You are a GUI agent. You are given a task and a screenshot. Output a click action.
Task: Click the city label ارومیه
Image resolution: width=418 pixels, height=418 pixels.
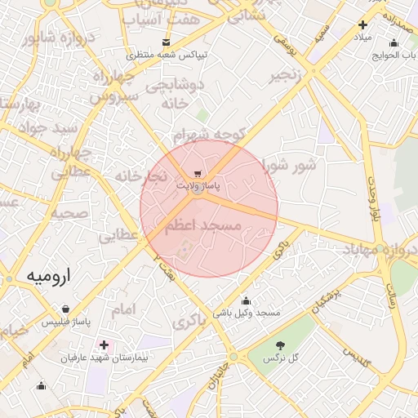point(49,276)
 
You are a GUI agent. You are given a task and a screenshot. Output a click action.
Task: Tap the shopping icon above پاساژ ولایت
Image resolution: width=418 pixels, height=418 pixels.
point(198,174)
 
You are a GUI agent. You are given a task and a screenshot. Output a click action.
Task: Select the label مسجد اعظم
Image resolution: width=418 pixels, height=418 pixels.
point(204,225)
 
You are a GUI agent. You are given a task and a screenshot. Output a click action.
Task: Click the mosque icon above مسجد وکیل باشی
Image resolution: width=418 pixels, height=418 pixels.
point(246,300)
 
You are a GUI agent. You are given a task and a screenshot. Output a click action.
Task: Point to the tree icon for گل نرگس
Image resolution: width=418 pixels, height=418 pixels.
point(282,345)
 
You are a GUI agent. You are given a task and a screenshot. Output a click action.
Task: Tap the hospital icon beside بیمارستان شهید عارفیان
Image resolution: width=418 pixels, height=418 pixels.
point(103,345)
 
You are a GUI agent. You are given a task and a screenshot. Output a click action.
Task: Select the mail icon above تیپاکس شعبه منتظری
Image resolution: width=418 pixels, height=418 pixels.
point(167,42)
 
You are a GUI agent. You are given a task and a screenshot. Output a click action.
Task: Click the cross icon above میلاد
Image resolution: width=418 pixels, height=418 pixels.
point(362,25)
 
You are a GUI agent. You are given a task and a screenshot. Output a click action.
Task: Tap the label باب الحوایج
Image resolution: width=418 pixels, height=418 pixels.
point(383,55)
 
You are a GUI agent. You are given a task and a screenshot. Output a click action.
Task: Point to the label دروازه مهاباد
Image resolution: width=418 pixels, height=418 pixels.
point(379,248)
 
